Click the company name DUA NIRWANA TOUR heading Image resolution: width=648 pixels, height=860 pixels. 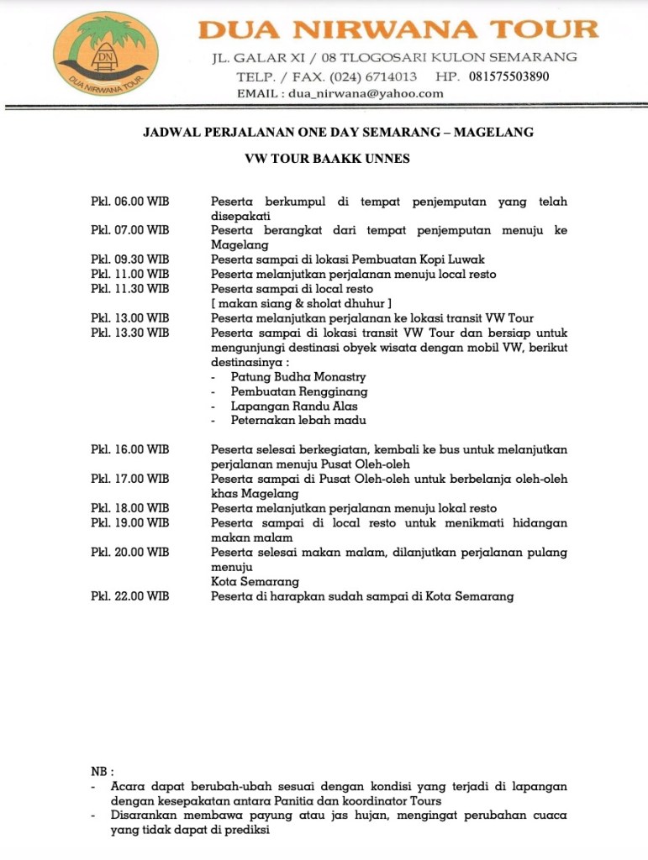[398, 29]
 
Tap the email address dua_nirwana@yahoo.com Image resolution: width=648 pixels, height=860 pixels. [366, 93]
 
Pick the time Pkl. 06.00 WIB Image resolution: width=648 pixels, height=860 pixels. [129, 202]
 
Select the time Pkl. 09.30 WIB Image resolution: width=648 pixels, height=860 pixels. [129, 260]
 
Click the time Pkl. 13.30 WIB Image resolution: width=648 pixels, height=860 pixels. [129, 333]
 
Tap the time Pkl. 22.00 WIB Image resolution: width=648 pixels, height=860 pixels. [129, 596]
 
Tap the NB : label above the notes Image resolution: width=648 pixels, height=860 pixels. [102, 772]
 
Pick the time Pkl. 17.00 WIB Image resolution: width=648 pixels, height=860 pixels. [129, 479]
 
